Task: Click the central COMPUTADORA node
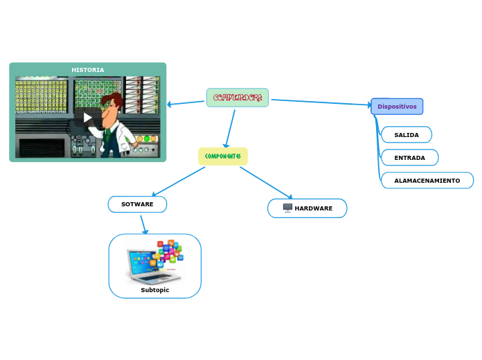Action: coord(238,98)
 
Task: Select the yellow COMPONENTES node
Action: coord(222,156)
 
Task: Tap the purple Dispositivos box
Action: coord(397,107)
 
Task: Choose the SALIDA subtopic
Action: coord(407,134)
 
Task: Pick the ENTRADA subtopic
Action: coord(409,158)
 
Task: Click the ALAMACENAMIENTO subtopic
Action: coord(427,181)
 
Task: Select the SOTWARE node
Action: coord(137,204)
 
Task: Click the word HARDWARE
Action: coord(313,208)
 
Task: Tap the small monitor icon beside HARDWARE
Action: coord(287,208)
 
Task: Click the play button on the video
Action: coord(87,117)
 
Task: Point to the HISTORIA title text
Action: coord(88,70)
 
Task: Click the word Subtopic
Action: coord(155,290)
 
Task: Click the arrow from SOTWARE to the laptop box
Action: coord(143,224)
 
